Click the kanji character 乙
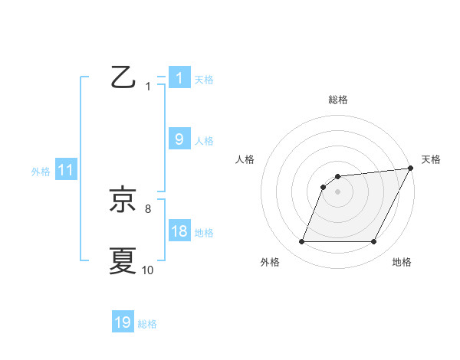(123, 78)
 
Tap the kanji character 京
(123, 200)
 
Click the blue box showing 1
(179, 78)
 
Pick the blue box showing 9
(179, 139)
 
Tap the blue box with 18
(179, 232)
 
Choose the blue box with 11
(65, 171)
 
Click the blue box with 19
(123, 322)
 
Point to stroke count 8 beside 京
(147, 208)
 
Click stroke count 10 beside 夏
(147, 270)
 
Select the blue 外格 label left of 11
(41, 172)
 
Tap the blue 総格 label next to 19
(147, 323)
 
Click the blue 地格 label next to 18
(204, 233)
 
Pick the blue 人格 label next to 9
(204, 140)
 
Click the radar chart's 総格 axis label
(338, 100)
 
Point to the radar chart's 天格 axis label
(431, 159)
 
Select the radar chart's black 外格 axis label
(270, 263)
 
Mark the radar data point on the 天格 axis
(410, 169)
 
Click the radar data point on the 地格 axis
(374, 242)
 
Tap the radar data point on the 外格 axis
(301, 242)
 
